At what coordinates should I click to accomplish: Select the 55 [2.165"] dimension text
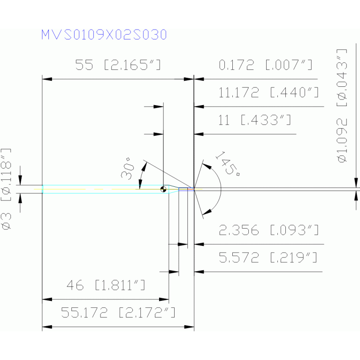118,65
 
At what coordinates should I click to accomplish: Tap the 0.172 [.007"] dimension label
266,65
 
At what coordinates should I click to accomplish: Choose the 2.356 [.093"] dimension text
269,230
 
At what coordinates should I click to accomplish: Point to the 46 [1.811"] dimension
106,285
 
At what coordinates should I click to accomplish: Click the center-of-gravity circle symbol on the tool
163,189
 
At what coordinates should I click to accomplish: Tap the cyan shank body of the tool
103,189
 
